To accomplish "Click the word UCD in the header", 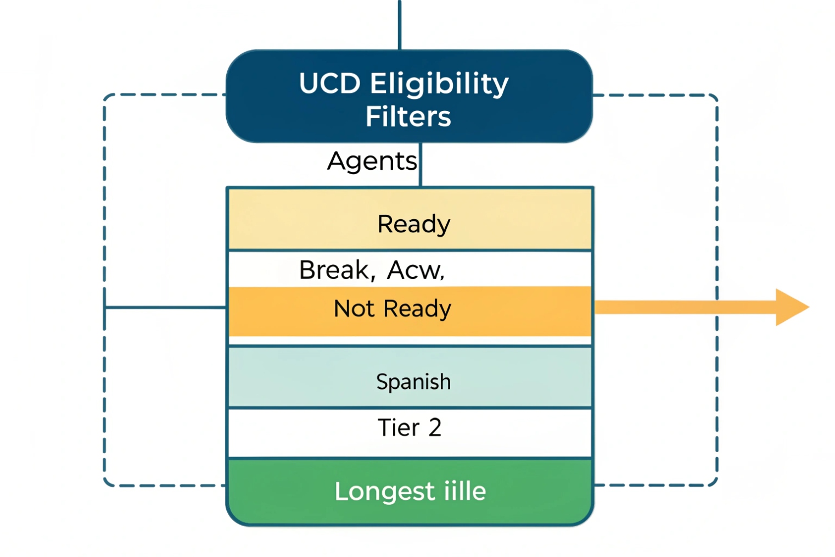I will [x=329, y=84].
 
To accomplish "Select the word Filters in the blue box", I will [x=408, y=116].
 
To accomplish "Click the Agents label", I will [x=372, y=161].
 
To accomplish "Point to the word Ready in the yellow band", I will [x=413, y=224].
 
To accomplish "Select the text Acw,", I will [x=416, y=270].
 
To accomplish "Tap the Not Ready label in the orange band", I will [x=392, y=309].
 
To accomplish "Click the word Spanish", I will [x=413, y=382].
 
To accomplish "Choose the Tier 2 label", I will [x=409, y=427].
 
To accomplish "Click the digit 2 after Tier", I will [x=435, y=427].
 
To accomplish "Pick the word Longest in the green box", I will [x=385, y=491].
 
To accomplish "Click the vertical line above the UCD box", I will [x=400, y=25].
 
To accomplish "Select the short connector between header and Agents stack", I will [x=421, y=165].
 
